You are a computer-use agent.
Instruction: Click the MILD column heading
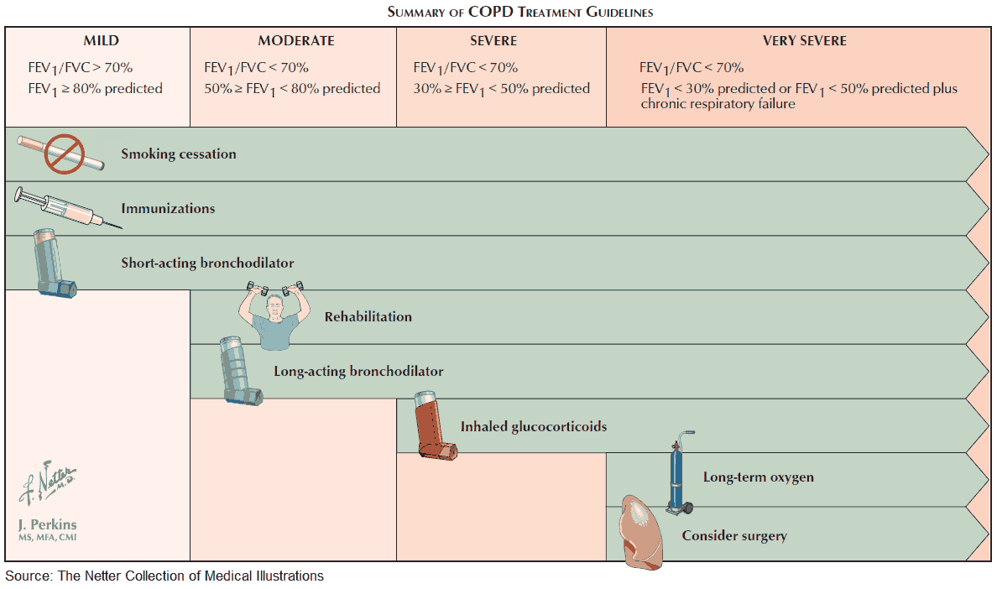click(x=101, y=40)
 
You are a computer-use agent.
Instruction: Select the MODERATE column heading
click(x=296, y=40)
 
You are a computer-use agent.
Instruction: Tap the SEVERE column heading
click(x=493, y=40)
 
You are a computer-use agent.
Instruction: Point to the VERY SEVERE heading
click(x=804, y=40)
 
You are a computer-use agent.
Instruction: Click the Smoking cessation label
click(x=179, y=154)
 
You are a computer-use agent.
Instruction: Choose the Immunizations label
click(x=168, y=208)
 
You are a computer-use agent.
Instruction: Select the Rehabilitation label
click(x=368, y=316)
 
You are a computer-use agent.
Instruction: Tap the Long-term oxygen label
click(x=759, y=477)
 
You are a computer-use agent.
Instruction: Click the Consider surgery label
click(x=734, y=535)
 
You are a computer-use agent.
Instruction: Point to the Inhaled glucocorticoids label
click(x=534, y=426)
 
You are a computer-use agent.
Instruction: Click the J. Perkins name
click(x=47, y=525)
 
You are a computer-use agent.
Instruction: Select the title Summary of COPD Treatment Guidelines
click(x=520, y=13)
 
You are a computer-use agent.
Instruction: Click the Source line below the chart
click(x=164, y=576)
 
